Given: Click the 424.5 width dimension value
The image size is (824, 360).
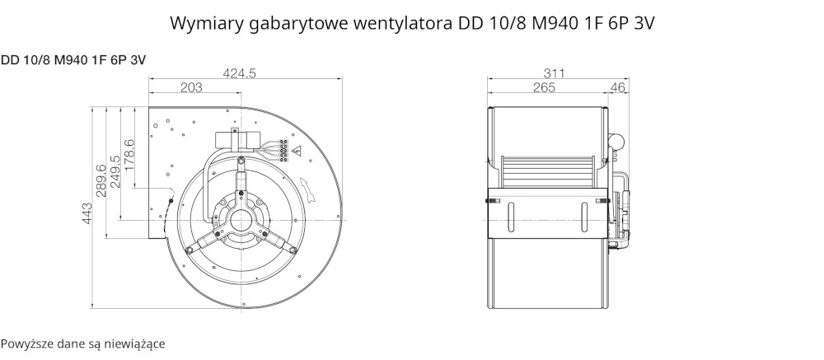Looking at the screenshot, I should coord(240,73).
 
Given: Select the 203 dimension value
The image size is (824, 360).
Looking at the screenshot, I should coord(191,88).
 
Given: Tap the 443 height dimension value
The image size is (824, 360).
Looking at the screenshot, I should coord(87,213).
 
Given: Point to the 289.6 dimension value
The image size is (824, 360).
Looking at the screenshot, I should coord(101,180).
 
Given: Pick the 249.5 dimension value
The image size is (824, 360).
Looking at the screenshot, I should coord(115,171).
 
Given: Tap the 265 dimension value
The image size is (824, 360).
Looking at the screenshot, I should coord(544,88).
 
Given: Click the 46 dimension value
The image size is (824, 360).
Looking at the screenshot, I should coord(617,88).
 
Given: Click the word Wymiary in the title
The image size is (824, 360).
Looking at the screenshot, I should coord(203,23).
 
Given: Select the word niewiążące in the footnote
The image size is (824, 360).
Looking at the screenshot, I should coord(134,343).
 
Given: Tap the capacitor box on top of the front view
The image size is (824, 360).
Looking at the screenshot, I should coord(237,139).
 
